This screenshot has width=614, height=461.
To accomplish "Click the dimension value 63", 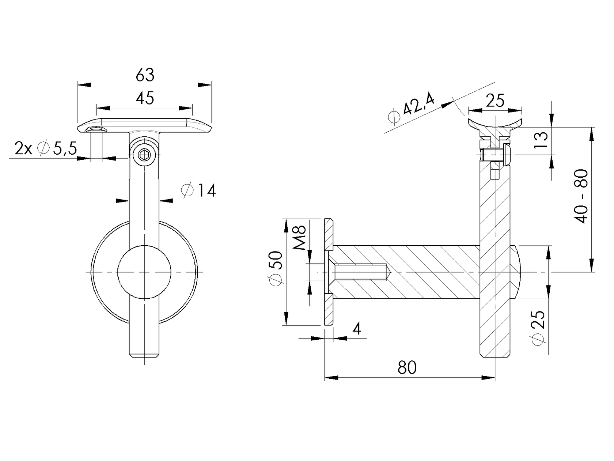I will tap(145, 75).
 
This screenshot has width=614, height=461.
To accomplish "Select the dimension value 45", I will tap(145, 98).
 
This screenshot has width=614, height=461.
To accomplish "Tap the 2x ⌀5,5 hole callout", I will tap(46, 148).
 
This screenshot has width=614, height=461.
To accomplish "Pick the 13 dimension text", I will tap(542, 140).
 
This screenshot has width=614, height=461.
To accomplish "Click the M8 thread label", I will tap(300, 238).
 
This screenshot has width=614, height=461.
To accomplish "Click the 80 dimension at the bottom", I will tap(407, 367).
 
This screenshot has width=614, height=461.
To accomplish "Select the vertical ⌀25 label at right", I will tap(539, 328).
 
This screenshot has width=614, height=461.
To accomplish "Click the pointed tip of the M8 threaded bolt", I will tap(390, 272).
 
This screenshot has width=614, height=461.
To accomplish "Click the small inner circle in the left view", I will tap(144, 272).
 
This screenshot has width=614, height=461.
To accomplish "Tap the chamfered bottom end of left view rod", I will tap(145, 355).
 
